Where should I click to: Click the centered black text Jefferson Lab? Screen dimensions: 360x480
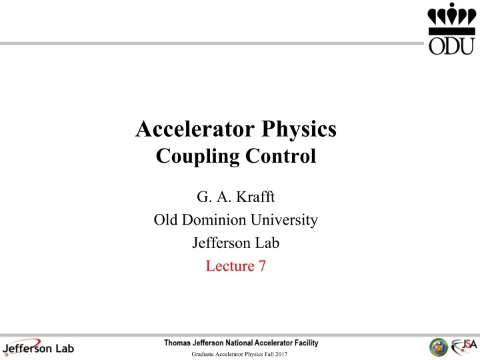239,243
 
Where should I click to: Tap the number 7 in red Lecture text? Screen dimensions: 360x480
263,266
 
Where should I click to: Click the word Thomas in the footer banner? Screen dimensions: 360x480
181,343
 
